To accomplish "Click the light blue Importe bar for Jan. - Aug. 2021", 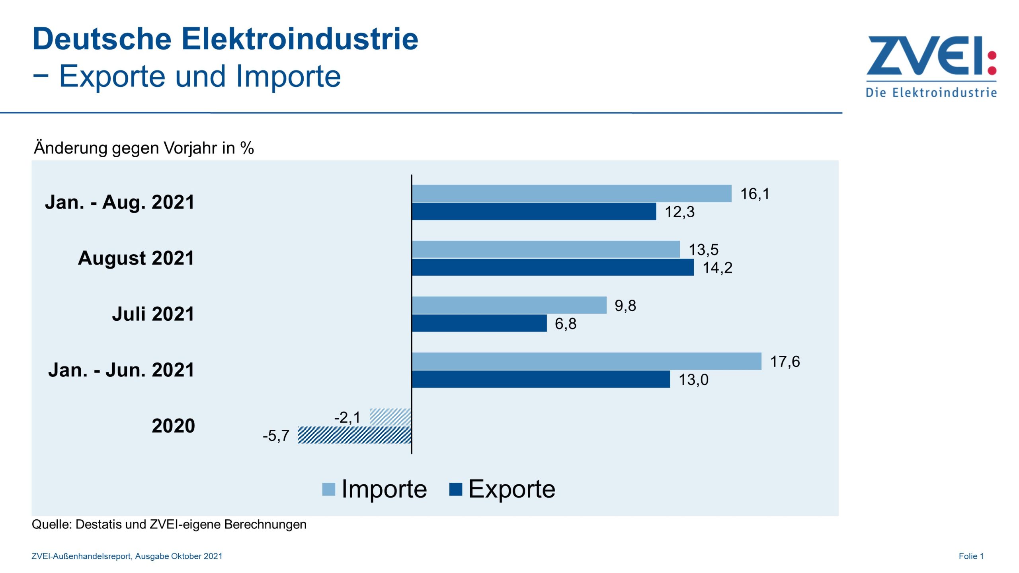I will [x=572, y=193].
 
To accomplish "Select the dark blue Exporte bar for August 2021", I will [x=552, y=267].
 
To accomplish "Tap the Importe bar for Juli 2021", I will [x=509, y=305].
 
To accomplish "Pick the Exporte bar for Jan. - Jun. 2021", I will [x=541, y=379].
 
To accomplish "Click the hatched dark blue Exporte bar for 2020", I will [x=354, y=435].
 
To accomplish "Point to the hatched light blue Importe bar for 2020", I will [x=390, y=417].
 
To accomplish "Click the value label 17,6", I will [x=785, y=362].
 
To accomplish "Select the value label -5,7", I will [x=276, y=436].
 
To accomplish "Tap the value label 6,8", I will [x=565, y=324].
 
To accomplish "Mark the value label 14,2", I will [x=717, y=268].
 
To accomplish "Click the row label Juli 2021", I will [x=153, y=314].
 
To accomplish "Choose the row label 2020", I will [x=173, y=426].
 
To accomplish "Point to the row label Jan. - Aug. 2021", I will [x=119, y=202].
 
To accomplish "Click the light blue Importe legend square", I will [x=328, y=489].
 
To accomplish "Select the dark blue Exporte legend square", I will [x=455, y=489].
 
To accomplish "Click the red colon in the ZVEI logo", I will [x=992, y=63].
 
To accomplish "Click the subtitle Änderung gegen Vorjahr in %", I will [x=144, y=148].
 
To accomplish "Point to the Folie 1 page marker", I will [x=971, y=556].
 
